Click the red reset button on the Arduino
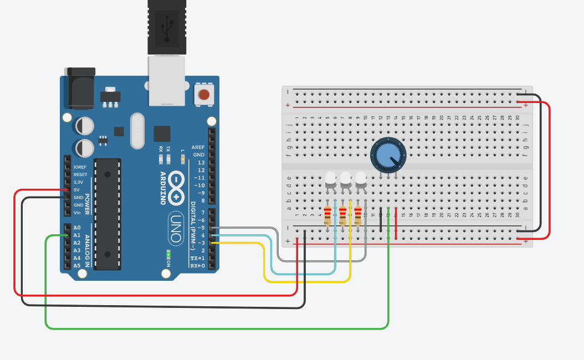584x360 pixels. click(x=204, y=94)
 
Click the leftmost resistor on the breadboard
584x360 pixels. click(x=327, y=215)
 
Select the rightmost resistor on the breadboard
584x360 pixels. click(x=358, y=215)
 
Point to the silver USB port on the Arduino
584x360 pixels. click(x=166, y=80)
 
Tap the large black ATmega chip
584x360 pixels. click(x=107, y=213)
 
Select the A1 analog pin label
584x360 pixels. click(x=77, y=235)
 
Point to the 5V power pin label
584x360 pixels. click(x=77, y=190)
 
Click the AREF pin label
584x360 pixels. click(x=198, y=147)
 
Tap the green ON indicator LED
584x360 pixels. click(x=168, y=255)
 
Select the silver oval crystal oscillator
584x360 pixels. click(x=137, y=131)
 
